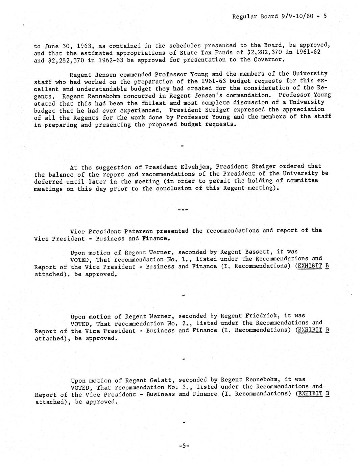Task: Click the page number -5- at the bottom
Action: (184, 446)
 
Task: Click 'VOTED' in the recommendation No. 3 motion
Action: (81, 387)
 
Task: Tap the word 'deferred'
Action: (48, 181)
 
